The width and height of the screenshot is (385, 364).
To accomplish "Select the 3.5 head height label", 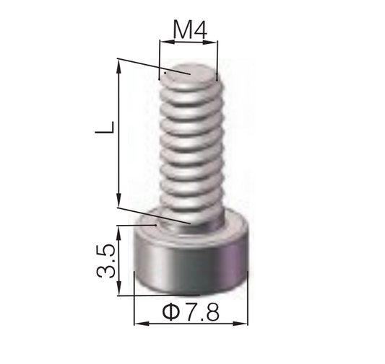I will click(105, 261).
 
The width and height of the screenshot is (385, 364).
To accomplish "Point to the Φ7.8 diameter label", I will click(191, 312).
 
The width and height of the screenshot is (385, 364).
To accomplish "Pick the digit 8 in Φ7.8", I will click(211, 312).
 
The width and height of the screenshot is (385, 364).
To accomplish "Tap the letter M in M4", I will click(182, 30).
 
